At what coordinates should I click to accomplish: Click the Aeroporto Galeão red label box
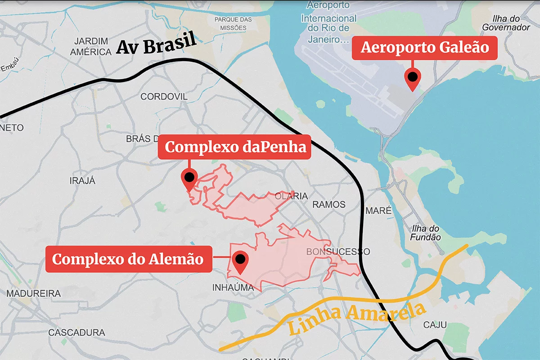(x=424, y=47)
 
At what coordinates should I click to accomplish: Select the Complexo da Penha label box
(x=234, y=147)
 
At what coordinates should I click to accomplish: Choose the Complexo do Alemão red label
(x=128, y=259)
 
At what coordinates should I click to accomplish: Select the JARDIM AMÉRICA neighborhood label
(x=91, y=46)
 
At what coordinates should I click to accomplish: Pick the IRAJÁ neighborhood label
(x=83, y=181)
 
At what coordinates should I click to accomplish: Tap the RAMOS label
(x=329, y=205)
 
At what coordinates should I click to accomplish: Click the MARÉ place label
(x=378, y=210)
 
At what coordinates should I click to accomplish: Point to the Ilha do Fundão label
(x=425, y=233)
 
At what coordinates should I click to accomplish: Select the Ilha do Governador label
(x=506, y=23)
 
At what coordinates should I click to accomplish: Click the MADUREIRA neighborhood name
(x=34, y=293)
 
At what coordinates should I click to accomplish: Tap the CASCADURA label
(x=76, y=333)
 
